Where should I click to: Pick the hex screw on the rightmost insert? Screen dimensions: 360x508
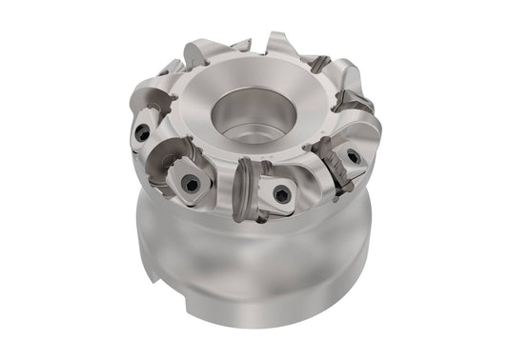(x=353, y=155)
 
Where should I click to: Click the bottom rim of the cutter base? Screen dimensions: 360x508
(x=257, y=329)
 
